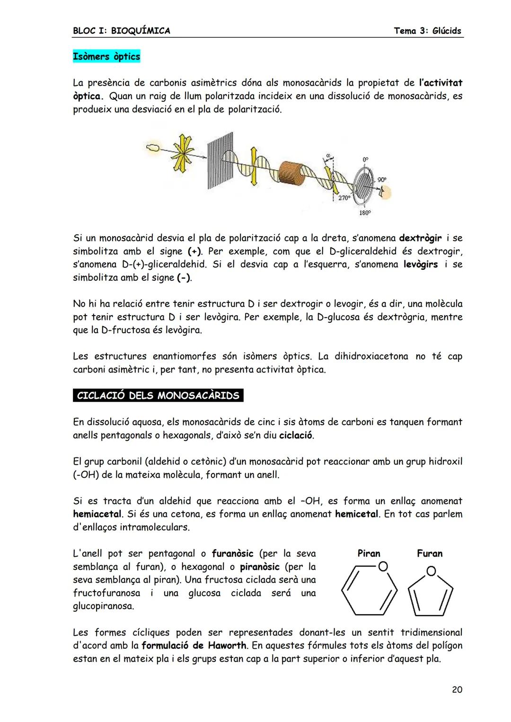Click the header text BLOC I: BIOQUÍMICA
122,31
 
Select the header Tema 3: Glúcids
428,31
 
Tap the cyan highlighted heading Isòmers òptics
106,57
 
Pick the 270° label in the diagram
344,198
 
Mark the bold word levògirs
420,264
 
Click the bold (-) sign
184,278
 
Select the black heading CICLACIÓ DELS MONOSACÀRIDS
158,395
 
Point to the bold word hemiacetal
97,514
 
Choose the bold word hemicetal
357,514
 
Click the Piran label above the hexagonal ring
369,553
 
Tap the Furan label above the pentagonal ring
430,553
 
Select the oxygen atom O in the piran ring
383,566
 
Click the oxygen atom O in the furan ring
431,572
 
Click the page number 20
457,690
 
